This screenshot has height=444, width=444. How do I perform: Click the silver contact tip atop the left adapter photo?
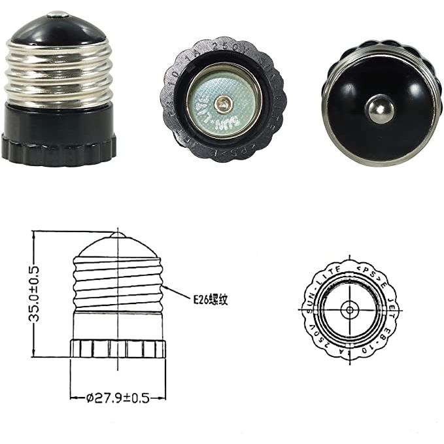point(58,13)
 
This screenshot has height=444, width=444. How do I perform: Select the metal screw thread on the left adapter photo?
point(58,72)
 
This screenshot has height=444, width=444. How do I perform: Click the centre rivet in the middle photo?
point(224,103)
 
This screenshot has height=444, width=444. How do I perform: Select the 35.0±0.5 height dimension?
point(26,292)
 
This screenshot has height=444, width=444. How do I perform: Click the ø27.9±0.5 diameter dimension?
point(118,396)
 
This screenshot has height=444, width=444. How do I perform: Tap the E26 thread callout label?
point(211,299)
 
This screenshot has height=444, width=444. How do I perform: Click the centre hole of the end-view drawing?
point(351,308)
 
